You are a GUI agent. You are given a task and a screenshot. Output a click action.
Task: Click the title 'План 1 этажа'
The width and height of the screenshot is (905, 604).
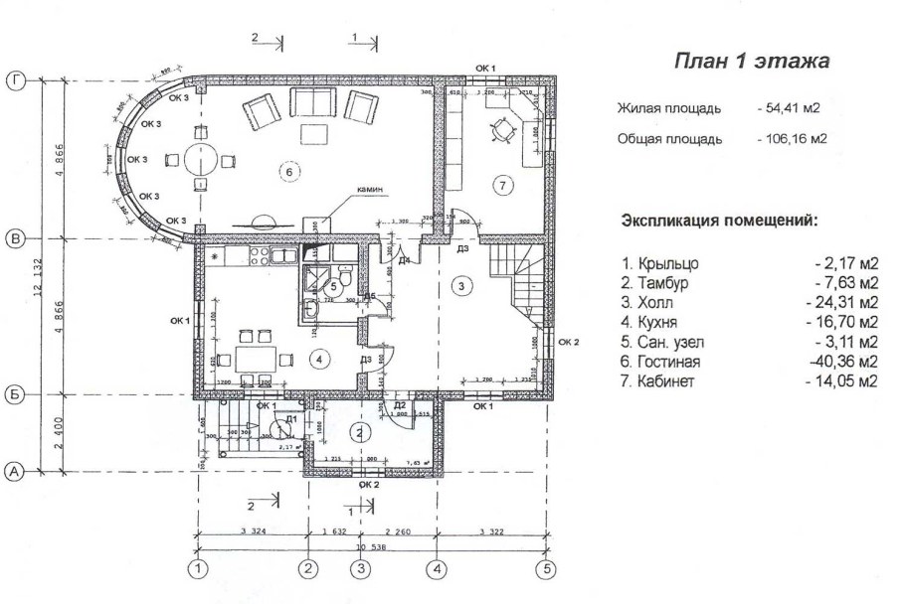click(x=752, y=63)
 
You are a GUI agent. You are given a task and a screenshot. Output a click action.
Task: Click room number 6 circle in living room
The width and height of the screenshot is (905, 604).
click(x=288, y=172)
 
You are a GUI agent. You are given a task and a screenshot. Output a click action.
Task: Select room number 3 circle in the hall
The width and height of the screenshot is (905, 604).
click(x=459, y=286)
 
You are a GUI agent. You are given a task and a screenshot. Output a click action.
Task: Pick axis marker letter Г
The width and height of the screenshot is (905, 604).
click(x=14, y=81)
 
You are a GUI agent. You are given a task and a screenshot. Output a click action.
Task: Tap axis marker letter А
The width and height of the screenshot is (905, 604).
click(x=14, y=472)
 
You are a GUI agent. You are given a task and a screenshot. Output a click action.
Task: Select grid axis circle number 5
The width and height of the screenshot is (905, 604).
click(x=545, y=569)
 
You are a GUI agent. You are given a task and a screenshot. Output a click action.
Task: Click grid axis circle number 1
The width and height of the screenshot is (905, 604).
click(x=200, y=569)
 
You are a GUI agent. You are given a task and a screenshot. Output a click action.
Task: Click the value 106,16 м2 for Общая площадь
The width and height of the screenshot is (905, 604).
click(x=792, y=139)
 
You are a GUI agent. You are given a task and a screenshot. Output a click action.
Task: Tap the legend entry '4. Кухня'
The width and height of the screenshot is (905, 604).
click(x=658, y=323)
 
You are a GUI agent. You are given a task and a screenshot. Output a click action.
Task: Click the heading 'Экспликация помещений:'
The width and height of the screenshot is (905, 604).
click(x=719, y=220)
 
